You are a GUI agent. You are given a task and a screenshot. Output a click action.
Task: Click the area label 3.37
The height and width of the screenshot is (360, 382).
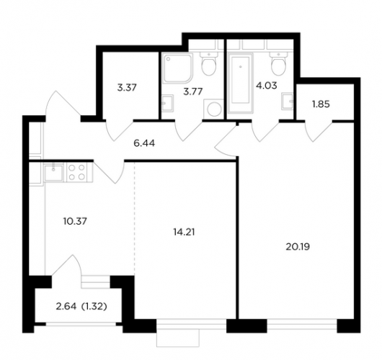[x=127, y=88]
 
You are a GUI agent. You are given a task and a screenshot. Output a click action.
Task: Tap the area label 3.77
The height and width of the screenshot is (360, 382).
[x=192, y=92]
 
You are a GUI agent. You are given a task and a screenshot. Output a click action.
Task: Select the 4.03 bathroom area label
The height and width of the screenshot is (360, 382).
[x=267, y=86]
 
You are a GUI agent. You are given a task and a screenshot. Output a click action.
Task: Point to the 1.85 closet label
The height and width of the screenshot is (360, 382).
[x=321, y=104]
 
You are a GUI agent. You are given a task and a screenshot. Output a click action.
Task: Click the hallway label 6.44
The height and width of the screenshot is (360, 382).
[x=144, y=143]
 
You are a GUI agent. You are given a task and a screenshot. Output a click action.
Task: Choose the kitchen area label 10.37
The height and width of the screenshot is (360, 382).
[x=75, y=221]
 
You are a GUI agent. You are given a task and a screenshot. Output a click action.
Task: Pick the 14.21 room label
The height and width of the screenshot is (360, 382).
[x=184, y=233]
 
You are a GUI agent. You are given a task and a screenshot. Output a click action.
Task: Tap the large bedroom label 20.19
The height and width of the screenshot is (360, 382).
[x=298, y=247]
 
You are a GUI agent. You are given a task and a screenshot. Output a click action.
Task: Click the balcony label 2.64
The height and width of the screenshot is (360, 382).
[x=66, y=307]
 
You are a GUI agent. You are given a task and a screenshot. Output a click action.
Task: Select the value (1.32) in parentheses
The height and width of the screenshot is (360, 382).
[x=94, y=307]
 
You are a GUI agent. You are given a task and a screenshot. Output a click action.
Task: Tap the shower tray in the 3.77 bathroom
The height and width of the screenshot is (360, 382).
[x=178, y=68]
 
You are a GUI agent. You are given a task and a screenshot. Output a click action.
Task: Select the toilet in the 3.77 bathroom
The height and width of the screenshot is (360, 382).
[x=209, y=64]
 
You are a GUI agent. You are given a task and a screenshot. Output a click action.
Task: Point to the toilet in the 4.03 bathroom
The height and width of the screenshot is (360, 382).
[x=278, y=64]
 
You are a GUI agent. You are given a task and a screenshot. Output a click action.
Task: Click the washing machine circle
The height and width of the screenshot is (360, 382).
[x=214, y=109]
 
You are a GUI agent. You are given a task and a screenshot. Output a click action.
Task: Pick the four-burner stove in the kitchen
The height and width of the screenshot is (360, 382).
[x=77, y=172]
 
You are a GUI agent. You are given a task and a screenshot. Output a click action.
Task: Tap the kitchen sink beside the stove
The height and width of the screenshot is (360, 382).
[x=53, y=172]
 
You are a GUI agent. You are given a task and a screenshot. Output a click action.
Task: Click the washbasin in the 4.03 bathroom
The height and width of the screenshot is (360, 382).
[x=288, y=102]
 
